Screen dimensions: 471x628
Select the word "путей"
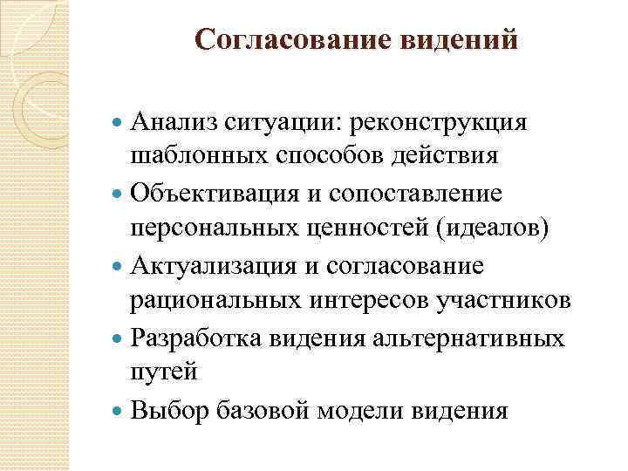pos(164,372)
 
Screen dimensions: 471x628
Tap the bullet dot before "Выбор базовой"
pos(119,409)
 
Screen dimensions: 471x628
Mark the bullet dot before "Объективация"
pos(119,193)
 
